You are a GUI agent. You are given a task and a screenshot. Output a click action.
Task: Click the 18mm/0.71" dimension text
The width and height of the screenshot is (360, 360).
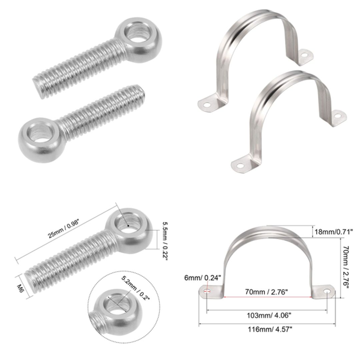point(333,231)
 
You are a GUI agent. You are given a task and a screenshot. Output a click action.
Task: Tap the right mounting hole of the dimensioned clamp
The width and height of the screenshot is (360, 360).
point(328,292)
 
